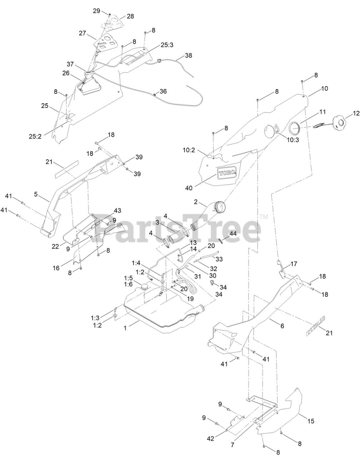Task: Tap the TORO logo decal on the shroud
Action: tap(227, 172)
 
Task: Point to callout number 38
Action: tap(188, 56)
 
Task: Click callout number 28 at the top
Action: tap(130, 16)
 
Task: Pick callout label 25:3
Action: tap(167, 45)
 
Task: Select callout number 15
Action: tap(311, 421)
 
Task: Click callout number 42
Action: tap(211, 438)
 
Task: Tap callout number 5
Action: tap(36, 194)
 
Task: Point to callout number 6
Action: tap(282, 326)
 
